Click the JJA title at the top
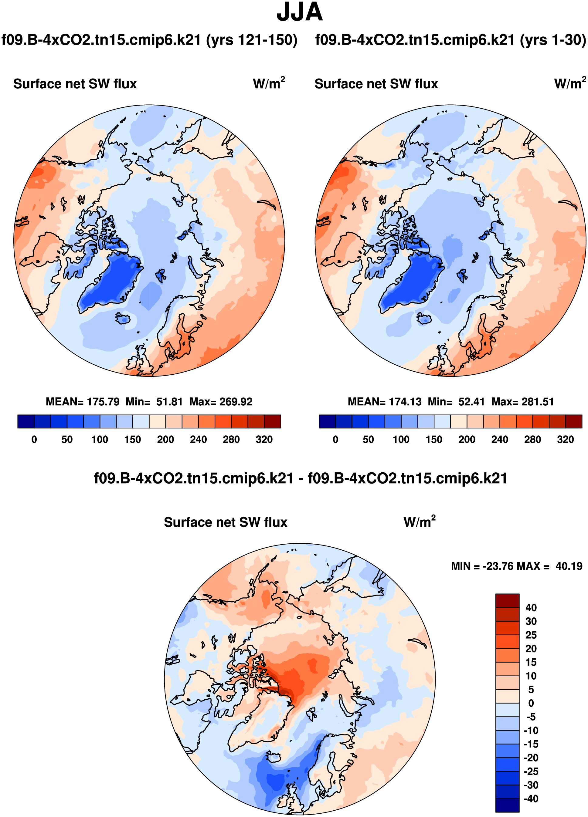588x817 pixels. (x=299, y=12)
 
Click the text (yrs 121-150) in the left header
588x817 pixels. (x=251, y=40)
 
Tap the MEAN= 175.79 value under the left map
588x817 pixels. (x=83, y=402)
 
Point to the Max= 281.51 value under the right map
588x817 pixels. (x=522, y=402)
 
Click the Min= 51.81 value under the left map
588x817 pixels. (x=154, y=402)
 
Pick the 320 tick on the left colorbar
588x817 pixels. (x=264, y=440)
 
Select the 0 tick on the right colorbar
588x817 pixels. (x=335, y=440)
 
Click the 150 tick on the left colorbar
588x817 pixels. (x=133, y=440)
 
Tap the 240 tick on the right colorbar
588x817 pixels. (x=500, y=440)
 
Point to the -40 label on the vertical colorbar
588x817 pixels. (x=531, y=798)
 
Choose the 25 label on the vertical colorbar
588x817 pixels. (x=531, y=635)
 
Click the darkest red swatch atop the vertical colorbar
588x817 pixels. (x=507, y=600)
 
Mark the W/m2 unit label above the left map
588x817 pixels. (x=269, y=83)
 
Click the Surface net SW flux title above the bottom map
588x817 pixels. (x=225, y=522)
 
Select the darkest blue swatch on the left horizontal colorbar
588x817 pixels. (x=26, y=421)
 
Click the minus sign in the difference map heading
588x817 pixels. (x=300, y=479)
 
